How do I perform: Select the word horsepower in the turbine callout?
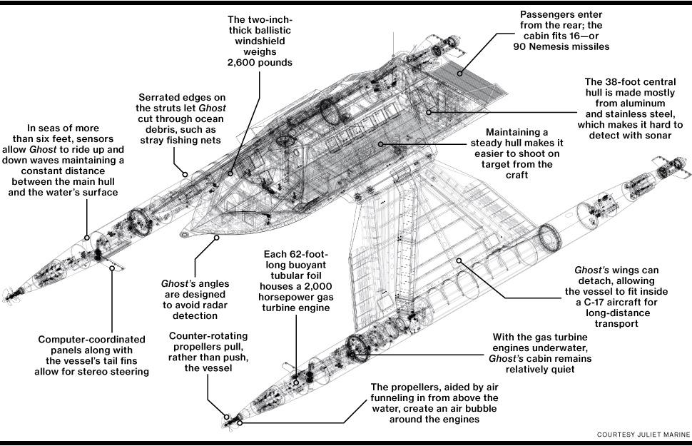295,297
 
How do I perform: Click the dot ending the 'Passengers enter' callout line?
460,71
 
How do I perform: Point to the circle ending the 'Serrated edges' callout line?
185,173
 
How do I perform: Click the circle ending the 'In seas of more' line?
87,238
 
